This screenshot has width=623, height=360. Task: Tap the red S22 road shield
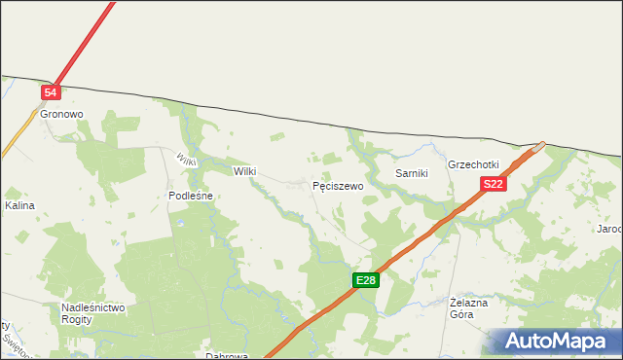(x=493, y=184)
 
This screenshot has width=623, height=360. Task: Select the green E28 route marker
(x=365, y=280)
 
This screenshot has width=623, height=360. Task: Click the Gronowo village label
(x=62, y=114)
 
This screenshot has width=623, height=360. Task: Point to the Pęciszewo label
(x=338, y=185)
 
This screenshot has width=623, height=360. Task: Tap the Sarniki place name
(x=412, y=172)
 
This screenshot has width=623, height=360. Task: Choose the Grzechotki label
(x=473, y=164)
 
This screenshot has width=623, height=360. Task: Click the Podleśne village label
(x=191, y=196)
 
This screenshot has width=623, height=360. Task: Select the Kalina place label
(x=19, y=206)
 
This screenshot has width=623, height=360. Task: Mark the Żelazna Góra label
(x=468, y=308)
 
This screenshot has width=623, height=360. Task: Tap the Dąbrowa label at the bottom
(x=226, y=356)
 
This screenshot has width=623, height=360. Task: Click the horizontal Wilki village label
(x=244, y=171)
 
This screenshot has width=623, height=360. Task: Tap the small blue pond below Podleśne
(x=180, y=222)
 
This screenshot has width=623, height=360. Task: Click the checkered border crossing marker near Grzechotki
(x=538, y=148)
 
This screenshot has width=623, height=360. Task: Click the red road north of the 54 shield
(x=88, y=39)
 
